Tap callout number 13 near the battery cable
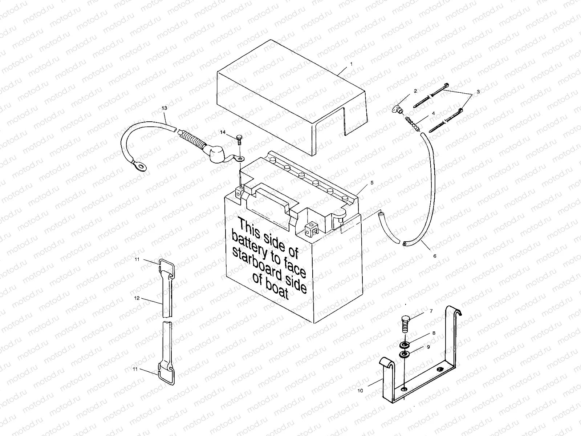click(164, 108)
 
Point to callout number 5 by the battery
click(372, 183)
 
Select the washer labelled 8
click(404, 344)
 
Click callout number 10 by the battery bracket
click(360, 391)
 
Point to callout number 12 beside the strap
click(137, 298)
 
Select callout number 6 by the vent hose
click(435, 256)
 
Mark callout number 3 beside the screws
click(478, 92)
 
